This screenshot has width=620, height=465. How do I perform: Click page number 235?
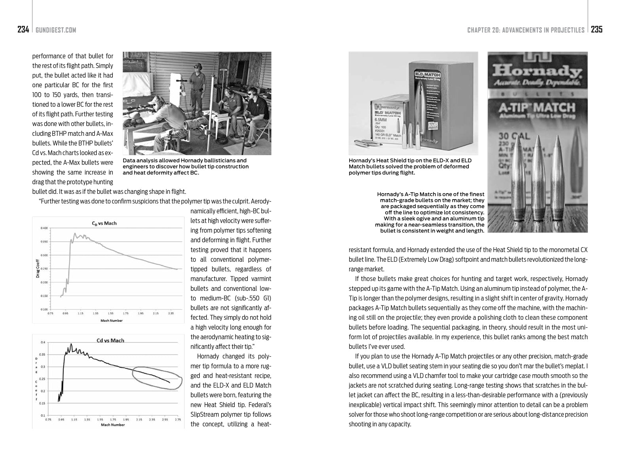tap(597, 30)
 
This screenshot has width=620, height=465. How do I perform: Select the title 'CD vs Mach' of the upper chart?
tap(104, 223)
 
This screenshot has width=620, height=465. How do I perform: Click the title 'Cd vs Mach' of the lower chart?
tap(110, 340)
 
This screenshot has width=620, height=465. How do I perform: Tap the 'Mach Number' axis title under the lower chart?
tap(112, 425)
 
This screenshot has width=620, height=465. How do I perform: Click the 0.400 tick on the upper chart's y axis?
tap(44, 228)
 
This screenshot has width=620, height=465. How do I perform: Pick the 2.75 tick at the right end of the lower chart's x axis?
tap(177, 419)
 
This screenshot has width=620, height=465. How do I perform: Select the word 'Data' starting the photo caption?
tap(129, 161)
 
